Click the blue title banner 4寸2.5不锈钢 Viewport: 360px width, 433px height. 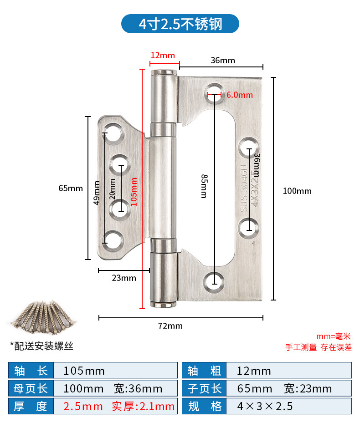[180, 24]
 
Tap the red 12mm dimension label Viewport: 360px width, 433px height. [163, 55]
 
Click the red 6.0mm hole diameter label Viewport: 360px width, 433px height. [240, 95]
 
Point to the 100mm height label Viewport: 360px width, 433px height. [297, 191]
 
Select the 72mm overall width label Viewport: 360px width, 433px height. [170, 326]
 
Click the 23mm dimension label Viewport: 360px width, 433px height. [124, 278]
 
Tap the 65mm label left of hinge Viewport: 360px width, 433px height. [71, 188]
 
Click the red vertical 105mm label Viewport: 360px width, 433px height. [134, 192]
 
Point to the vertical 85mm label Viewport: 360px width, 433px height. [204, 186]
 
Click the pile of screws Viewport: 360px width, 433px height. [43, 316]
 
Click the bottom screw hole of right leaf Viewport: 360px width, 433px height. [214, 283]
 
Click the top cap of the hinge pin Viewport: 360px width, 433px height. [164, 72]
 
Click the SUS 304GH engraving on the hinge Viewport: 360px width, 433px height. [243, 188]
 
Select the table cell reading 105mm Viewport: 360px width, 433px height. [115, 370]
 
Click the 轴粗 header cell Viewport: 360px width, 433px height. [204, 370]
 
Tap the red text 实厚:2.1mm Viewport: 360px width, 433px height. [143, 406]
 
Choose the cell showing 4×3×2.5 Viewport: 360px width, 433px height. [289, 406]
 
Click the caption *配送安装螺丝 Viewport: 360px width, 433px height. [42, 346]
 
